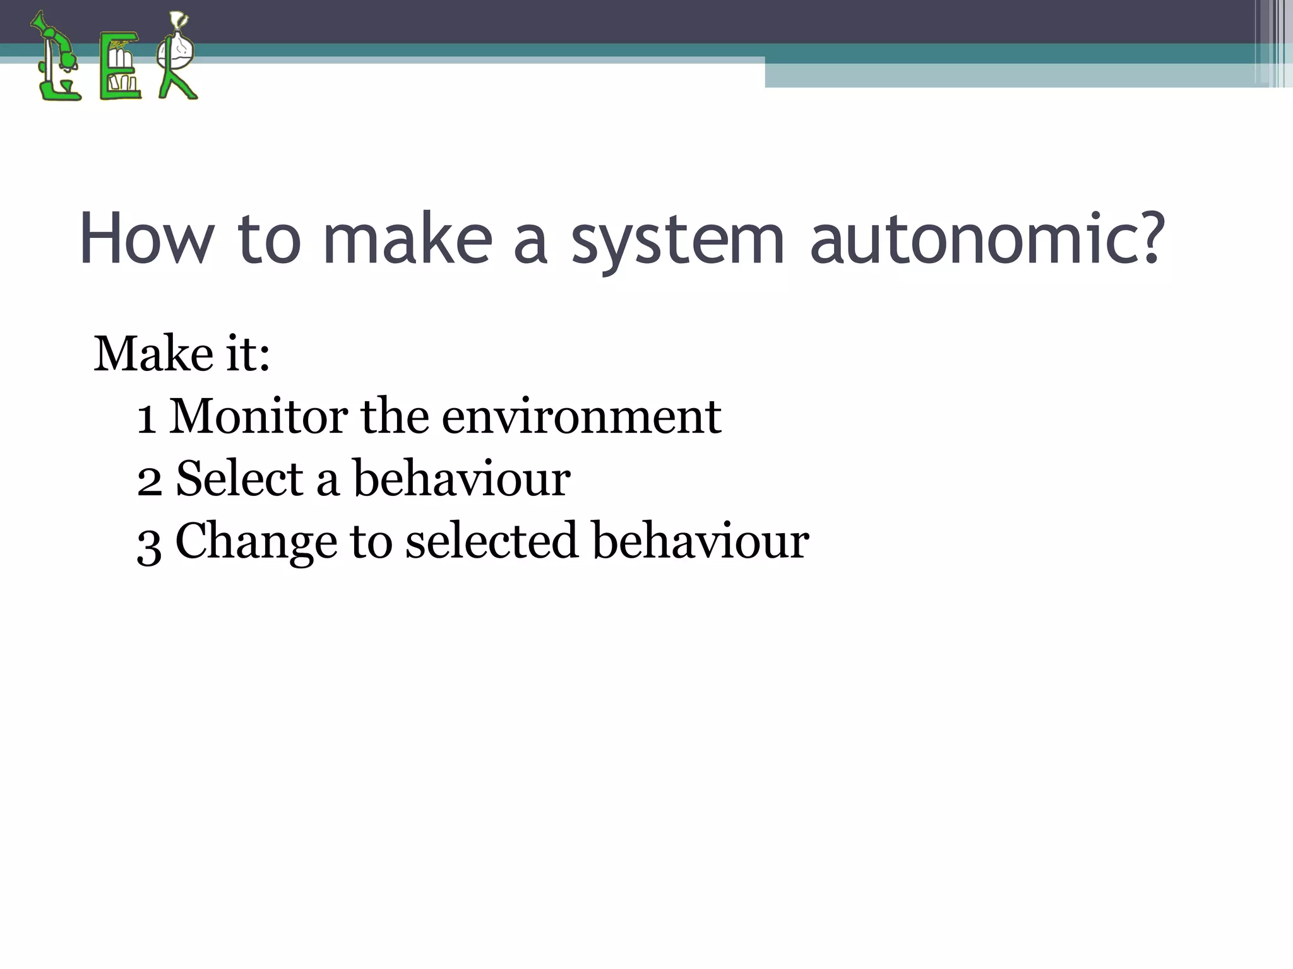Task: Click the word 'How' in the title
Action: (146, 239)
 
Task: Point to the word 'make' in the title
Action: (407, 239)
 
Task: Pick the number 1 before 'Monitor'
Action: (147, 418)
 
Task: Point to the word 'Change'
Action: (256, 543)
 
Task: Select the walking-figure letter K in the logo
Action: (176, 57)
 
